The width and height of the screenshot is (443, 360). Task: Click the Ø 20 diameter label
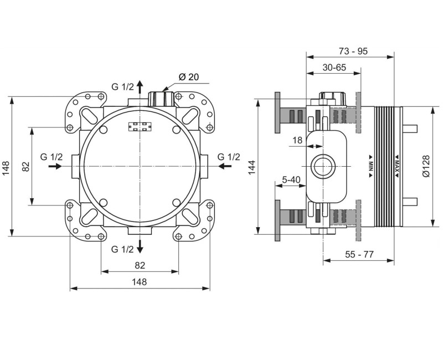[x=188, y=77]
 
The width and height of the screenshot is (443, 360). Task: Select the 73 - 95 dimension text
[x=353, y=51]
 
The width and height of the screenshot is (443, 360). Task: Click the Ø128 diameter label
[x=425, y=166]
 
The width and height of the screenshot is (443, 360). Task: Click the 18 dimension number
[x=297, y=140]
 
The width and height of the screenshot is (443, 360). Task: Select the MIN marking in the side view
[x=370, y=166]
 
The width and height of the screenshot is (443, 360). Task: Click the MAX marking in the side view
[x=397, y=166]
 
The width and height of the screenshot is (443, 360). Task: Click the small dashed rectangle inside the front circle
[x=140, y=127]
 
